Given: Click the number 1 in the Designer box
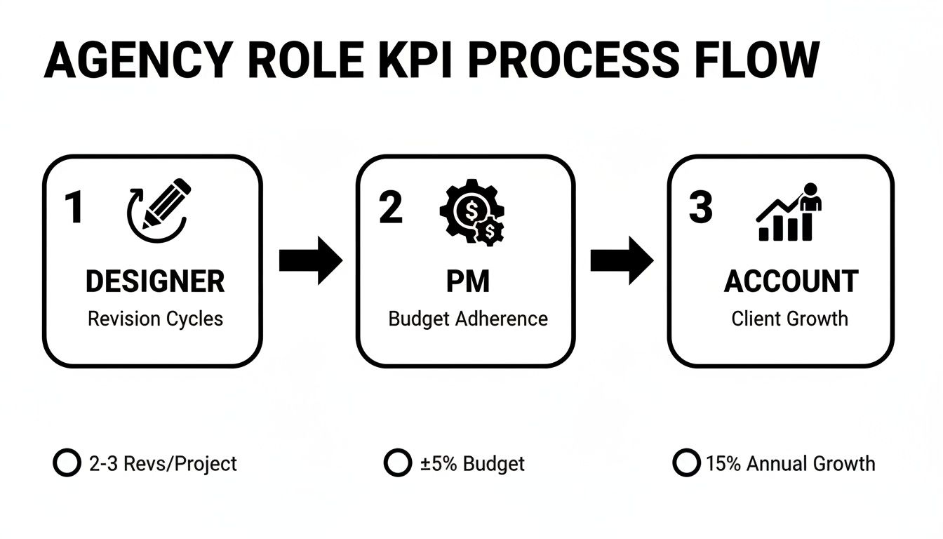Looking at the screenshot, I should tap(73, 208).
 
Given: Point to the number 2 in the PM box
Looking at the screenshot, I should tap(390, 208).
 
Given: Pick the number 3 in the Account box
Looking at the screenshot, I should tap(700, 208).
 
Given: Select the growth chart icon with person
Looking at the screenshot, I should tap(789, 213).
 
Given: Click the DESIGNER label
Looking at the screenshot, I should tap(155, 281).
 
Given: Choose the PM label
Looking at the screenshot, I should tap(467, 281).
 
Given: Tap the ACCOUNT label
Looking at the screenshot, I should tap(791, 281).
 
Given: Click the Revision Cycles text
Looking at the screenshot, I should tap(155, 319).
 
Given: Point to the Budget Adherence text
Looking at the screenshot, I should tap(467, 319).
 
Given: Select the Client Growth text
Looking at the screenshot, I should tap(789, 319).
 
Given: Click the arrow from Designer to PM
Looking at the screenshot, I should tap(310, 260).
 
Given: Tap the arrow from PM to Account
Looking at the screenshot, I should tap(622, 260).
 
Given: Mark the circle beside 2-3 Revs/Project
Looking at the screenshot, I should tap(67, 463).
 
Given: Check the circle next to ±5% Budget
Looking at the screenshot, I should tap(398, 463).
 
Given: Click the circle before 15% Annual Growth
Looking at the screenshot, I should tap(686, 463).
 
